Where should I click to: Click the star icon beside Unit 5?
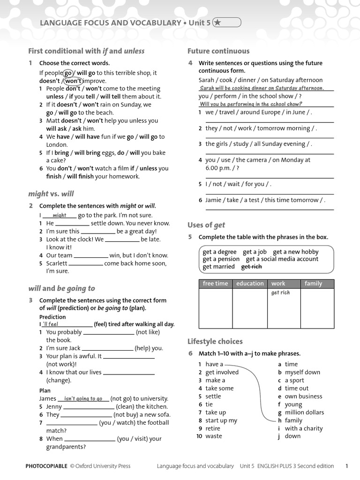tap(218, 22)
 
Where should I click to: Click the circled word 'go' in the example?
tap(68, 73)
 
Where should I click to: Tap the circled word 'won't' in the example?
tap(73, 81)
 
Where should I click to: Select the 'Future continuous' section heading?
tap(218, 51)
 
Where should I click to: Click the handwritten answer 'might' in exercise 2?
tap(60, 216)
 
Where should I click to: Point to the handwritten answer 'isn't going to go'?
tap(83, 398)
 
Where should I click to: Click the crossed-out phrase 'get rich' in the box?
tap(251, 267)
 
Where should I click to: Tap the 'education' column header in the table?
tap(250, 284)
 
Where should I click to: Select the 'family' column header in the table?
tap(313, 284)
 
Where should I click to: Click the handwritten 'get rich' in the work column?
tap(280, 292)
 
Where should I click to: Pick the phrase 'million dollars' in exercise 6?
tap(304, 412)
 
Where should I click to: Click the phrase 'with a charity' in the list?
tap(303, 428)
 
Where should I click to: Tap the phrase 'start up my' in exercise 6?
tap(221, 420)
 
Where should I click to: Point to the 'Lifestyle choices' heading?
tap(215, 341)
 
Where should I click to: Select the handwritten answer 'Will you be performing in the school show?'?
tap(251, 104)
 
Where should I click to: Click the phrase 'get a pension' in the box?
tap(221, 259)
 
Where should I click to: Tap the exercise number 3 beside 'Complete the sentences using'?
tap(30, 300)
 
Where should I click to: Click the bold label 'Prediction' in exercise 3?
tap(52, 317)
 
